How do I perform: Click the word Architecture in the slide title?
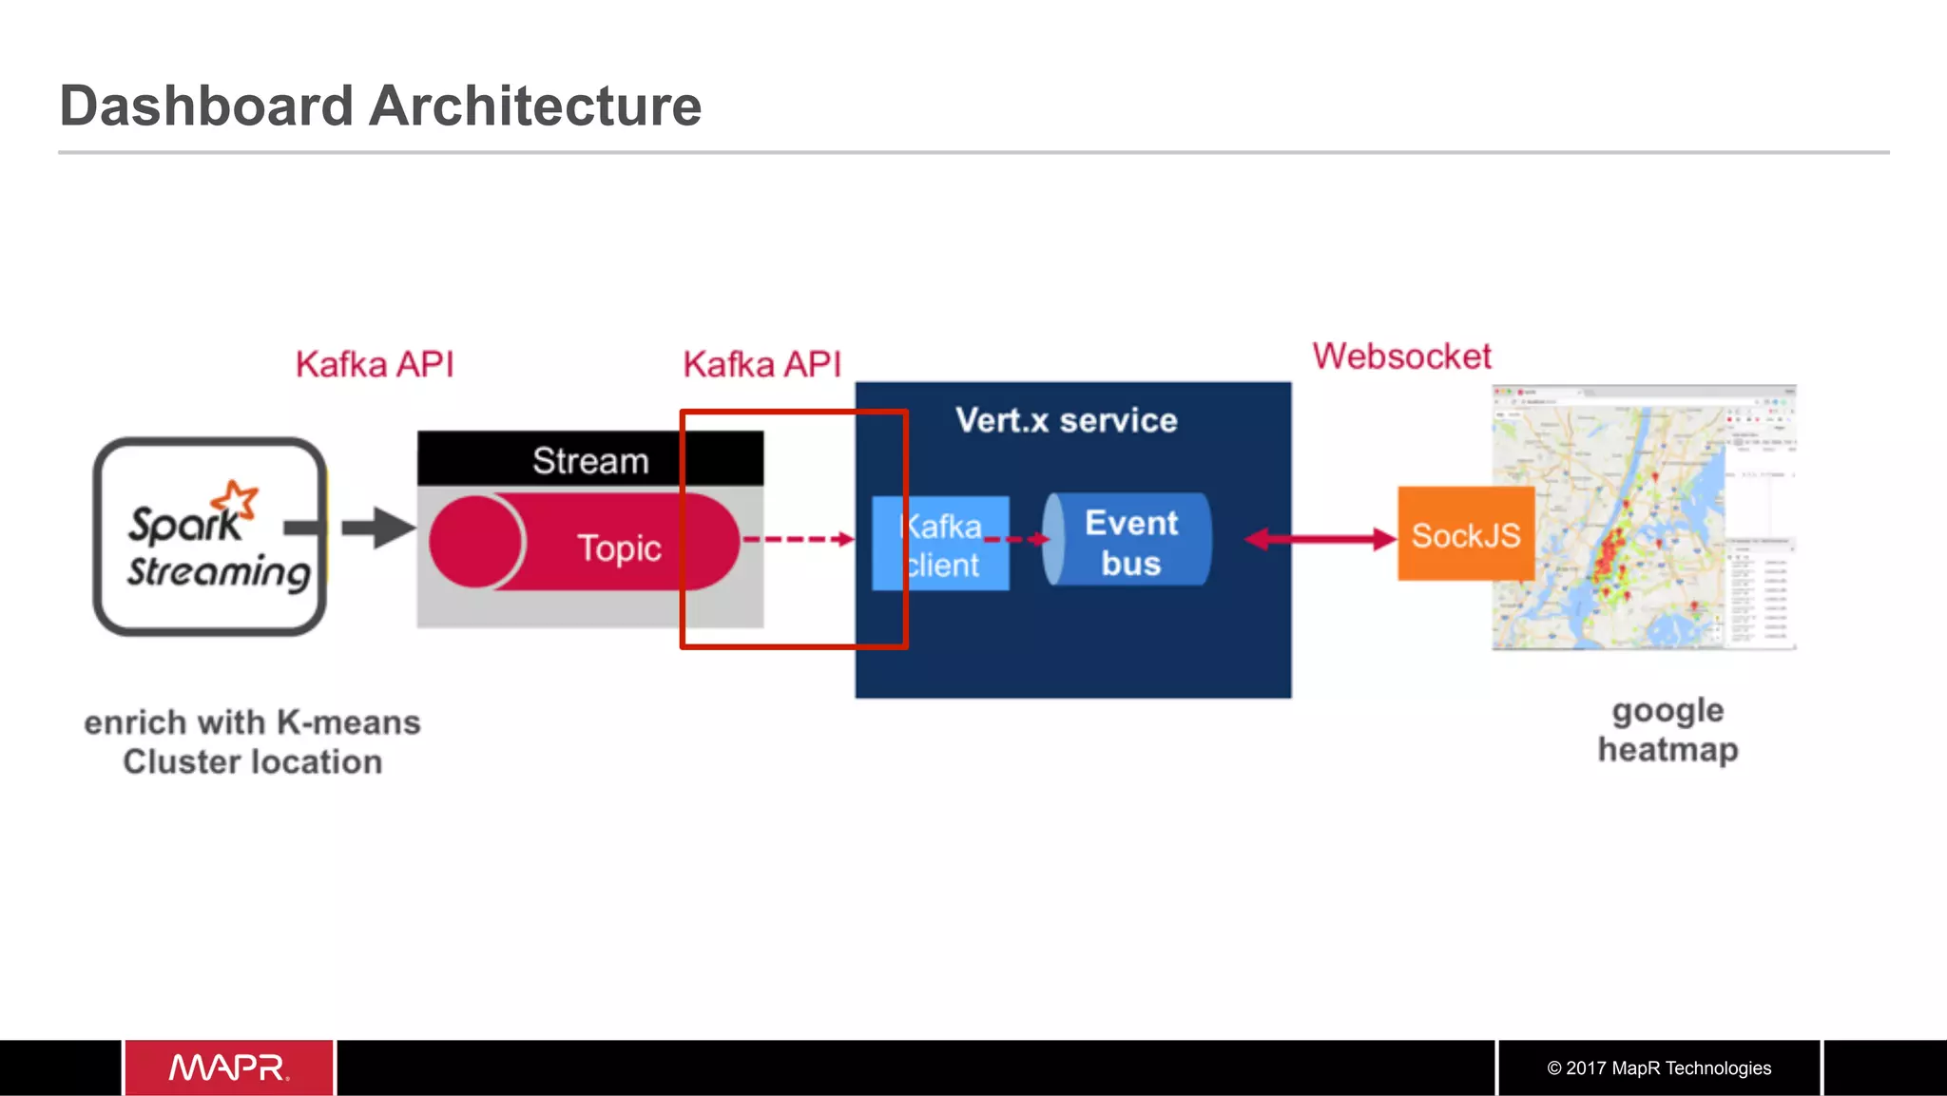pos(535,106)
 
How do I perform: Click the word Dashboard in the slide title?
pos(206,106)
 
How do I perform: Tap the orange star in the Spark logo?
pos(235,500)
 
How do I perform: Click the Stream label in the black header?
pos(590,461)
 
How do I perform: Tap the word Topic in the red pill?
pos(619,548)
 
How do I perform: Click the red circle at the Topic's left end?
pos(474,542)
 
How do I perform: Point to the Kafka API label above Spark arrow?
pos(375,364)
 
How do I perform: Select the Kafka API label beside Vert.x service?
pos(761,364)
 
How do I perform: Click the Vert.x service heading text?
pos(1066,420)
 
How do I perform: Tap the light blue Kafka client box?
pos(940,544)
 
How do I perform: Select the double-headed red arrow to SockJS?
pos(1320,539)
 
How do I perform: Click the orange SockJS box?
pos(1465,534)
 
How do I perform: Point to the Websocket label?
pos(1401,356)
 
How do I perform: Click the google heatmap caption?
pos(1667,730)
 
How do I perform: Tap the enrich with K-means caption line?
pos(252,722)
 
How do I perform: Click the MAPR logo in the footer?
pos(229,1067)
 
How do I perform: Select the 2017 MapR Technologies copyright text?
pos(1659,1067)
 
